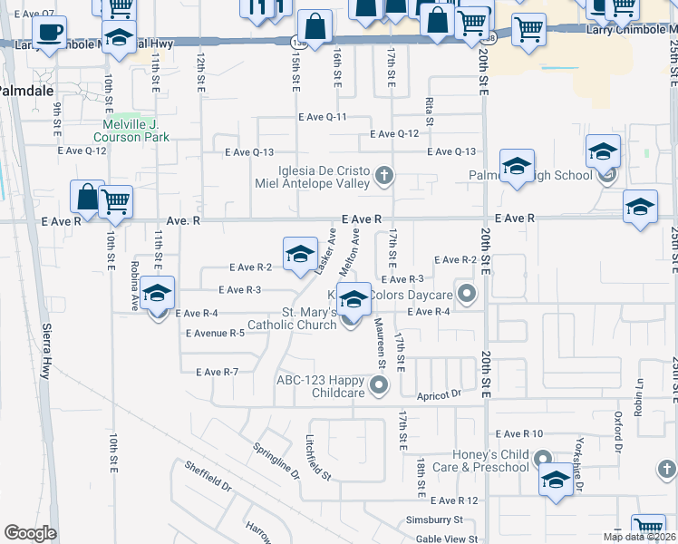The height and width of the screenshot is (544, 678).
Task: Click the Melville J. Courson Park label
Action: tap(131, 131)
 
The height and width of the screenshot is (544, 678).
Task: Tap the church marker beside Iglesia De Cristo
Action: tap(383, 175)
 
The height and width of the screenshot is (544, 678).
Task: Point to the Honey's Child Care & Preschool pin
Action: tap(543, 460)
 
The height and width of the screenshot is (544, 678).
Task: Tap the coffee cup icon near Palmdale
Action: tap(51, 34)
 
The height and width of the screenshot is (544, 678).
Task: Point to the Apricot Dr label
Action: tap(440, 395)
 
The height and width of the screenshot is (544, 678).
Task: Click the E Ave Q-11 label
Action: tap(323, 117)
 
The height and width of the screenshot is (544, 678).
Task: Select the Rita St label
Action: tap(429, 113)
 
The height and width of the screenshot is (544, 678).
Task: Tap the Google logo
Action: tap(30, 533)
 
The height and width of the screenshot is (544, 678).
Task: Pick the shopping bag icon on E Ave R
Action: tap(87, 196)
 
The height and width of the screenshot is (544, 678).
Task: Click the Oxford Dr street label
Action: tap(617, 433)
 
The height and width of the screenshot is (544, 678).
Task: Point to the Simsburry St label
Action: tap(433, 520)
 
